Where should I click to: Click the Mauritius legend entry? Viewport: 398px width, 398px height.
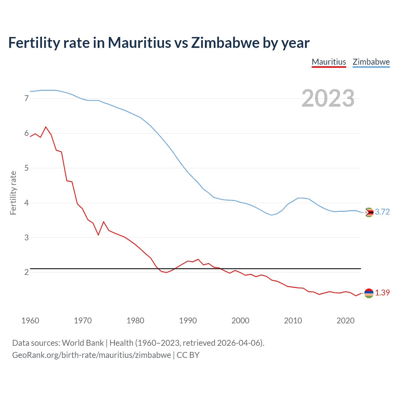329,62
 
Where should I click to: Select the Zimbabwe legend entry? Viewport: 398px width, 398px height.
371,62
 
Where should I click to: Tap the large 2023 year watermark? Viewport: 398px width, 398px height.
328,98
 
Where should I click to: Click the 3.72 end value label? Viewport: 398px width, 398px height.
382,212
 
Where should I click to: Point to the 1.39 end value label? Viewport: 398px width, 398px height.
382,293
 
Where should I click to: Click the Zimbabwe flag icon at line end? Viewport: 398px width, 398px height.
369,212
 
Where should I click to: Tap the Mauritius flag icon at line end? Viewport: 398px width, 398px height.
369,293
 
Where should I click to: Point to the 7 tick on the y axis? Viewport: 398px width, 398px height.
26,99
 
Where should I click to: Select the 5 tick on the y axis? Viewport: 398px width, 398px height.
26,168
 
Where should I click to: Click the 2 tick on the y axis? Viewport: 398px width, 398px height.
26,272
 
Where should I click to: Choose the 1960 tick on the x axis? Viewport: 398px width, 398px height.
30,321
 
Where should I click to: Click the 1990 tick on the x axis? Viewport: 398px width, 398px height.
188,321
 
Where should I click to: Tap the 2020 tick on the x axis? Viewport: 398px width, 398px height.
345,321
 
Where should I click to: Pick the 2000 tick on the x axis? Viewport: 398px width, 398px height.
240,321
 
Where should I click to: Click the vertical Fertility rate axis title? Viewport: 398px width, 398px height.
13,193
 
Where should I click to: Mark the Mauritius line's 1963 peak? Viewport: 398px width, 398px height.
46,127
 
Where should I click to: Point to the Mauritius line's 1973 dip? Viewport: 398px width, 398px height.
98,235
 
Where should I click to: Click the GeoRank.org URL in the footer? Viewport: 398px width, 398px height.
91,355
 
